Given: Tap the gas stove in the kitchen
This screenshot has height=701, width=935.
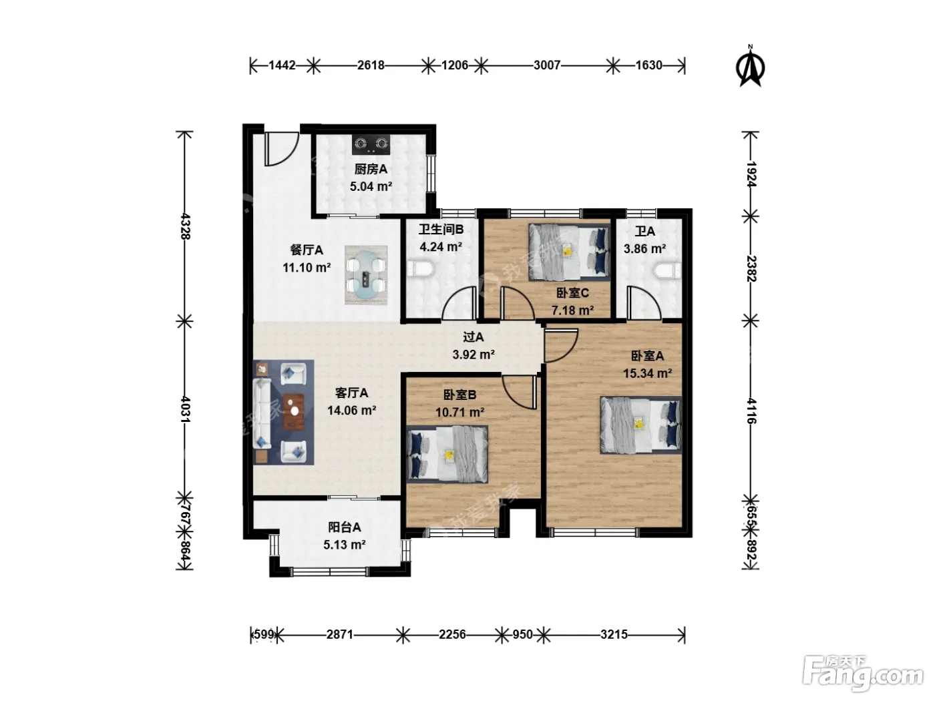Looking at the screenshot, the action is tap(371, 144).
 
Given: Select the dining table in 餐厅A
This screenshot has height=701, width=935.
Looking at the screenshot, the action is tap(366, 275).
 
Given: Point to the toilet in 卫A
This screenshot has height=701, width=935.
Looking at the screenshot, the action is tap(667, 270).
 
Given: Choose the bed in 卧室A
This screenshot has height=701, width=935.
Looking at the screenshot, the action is tap(640, 425).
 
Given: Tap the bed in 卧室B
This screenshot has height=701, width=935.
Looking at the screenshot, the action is tap(447, 454).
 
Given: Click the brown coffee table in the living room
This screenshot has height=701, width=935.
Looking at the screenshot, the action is tap(294, 412).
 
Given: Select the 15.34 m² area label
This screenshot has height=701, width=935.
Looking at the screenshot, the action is tap(647, 373).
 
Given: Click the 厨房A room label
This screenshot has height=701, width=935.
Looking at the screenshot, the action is tap(371, 169).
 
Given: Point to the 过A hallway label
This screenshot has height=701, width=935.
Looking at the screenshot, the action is tap(474, 337).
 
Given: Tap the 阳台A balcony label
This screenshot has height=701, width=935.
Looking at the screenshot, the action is tap(344, 527).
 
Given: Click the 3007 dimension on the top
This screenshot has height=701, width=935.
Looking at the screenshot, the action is tap(547, 65).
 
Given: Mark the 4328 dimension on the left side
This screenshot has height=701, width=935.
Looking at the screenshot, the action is tap(185, 226).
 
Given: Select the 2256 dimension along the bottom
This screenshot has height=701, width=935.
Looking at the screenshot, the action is tap(452, 635).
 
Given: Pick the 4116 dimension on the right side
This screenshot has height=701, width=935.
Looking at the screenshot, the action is tap(751, 411).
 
